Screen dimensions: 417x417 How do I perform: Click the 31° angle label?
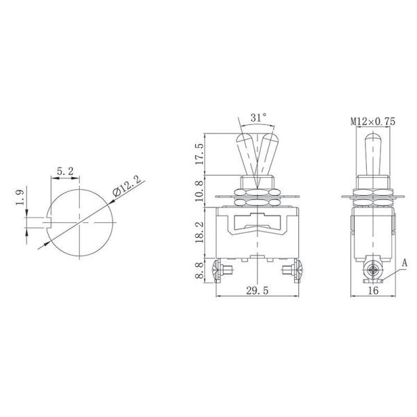tap(258, 118)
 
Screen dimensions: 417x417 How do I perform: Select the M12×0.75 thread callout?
tap(373, 121)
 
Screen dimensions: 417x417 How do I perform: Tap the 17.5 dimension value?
tap(200, 154)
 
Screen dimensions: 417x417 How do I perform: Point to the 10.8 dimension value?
tap(200, 190)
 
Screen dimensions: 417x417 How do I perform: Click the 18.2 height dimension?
tap(200, 232)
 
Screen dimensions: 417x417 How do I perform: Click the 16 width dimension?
tap(373, 291)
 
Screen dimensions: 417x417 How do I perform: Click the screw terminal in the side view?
tap(373, 270)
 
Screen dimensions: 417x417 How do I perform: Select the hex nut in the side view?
tap(373, 189)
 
